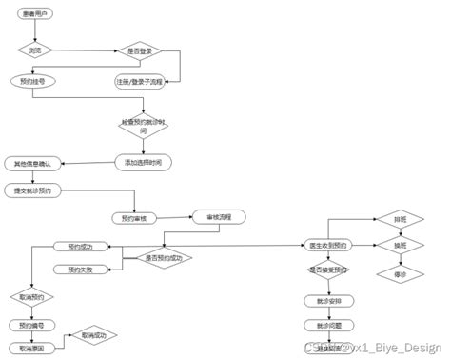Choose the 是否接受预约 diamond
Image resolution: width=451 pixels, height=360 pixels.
click(329, 270)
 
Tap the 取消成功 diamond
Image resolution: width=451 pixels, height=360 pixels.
click(97, 335)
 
